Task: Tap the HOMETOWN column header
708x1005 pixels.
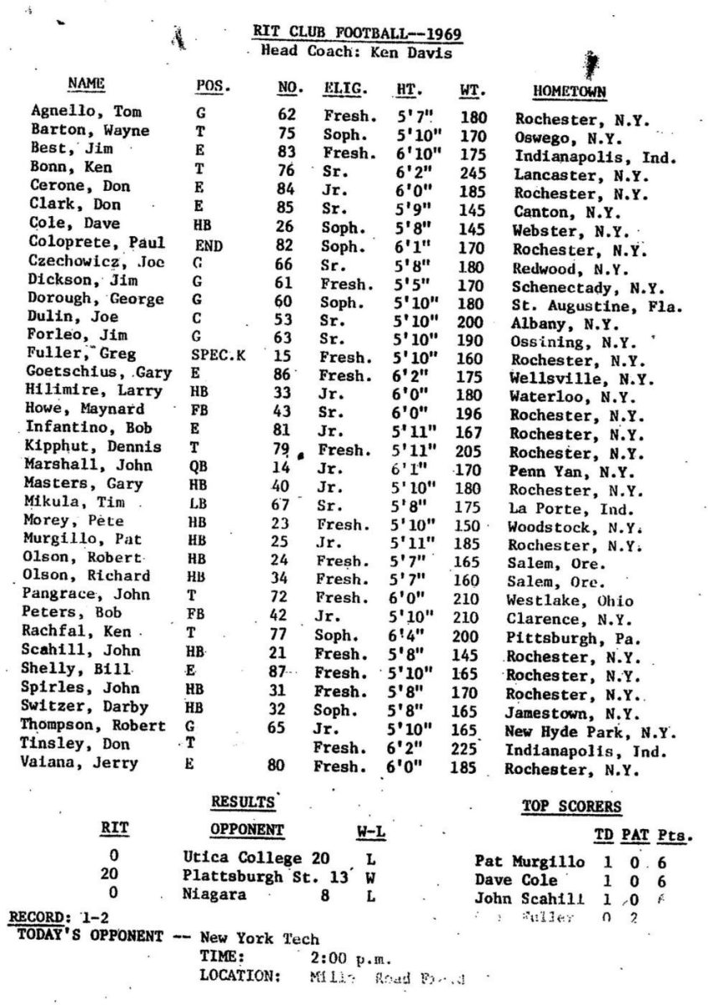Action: pos(570,90)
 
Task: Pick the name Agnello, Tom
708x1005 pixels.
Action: pos(75,111)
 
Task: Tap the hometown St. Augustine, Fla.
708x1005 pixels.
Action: pos(596,307)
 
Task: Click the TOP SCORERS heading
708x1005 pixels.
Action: pos(572,807)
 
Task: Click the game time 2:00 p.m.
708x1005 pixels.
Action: pos(346,956)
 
